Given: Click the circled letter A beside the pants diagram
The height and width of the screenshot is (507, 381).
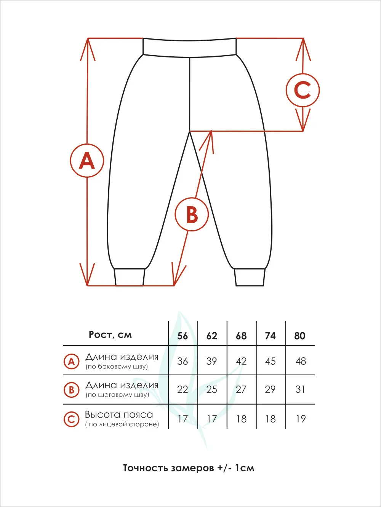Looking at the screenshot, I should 87,160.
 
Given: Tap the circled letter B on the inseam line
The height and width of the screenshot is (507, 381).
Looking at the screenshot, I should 192,214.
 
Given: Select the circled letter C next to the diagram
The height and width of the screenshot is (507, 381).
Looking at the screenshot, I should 303,90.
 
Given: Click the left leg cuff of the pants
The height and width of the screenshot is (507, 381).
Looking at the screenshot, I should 130,277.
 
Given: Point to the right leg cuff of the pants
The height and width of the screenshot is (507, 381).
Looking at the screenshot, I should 250,277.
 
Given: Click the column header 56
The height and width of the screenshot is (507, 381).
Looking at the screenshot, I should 182,336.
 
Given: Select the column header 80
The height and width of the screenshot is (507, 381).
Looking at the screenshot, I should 300,336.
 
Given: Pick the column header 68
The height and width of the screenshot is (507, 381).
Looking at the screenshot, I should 241,336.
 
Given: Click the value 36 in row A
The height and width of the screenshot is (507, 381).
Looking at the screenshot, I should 182,361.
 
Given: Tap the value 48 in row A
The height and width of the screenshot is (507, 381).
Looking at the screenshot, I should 301,361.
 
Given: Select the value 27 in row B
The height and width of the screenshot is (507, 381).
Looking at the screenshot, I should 241,389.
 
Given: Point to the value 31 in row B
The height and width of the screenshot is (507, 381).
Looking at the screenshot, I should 300,389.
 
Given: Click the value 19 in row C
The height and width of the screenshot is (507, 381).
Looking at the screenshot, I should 301,419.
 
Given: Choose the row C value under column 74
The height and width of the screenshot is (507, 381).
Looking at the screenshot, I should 271,419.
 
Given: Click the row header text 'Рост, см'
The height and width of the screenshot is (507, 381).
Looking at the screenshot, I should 110,335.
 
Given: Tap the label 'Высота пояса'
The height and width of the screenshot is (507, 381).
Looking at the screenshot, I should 119,415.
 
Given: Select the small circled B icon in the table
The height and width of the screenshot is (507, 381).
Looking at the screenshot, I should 71,390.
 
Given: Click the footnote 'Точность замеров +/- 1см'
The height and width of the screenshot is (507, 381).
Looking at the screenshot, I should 189,468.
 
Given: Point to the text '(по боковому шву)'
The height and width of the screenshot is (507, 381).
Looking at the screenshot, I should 117,367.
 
